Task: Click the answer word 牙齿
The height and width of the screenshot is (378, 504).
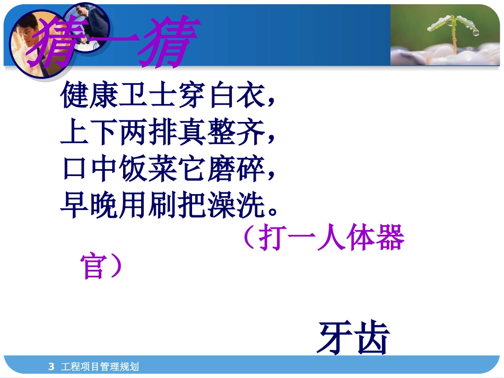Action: [x=353, y=338]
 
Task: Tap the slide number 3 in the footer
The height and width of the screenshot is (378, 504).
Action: [x=51, y=366]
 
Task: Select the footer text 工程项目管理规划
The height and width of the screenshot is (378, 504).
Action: [x=100, y=366]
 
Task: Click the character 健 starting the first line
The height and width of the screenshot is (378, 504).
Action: [x=74, y=95]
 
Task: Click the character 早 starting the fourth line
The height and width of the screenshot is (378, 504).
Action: [x=74, y=207]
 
